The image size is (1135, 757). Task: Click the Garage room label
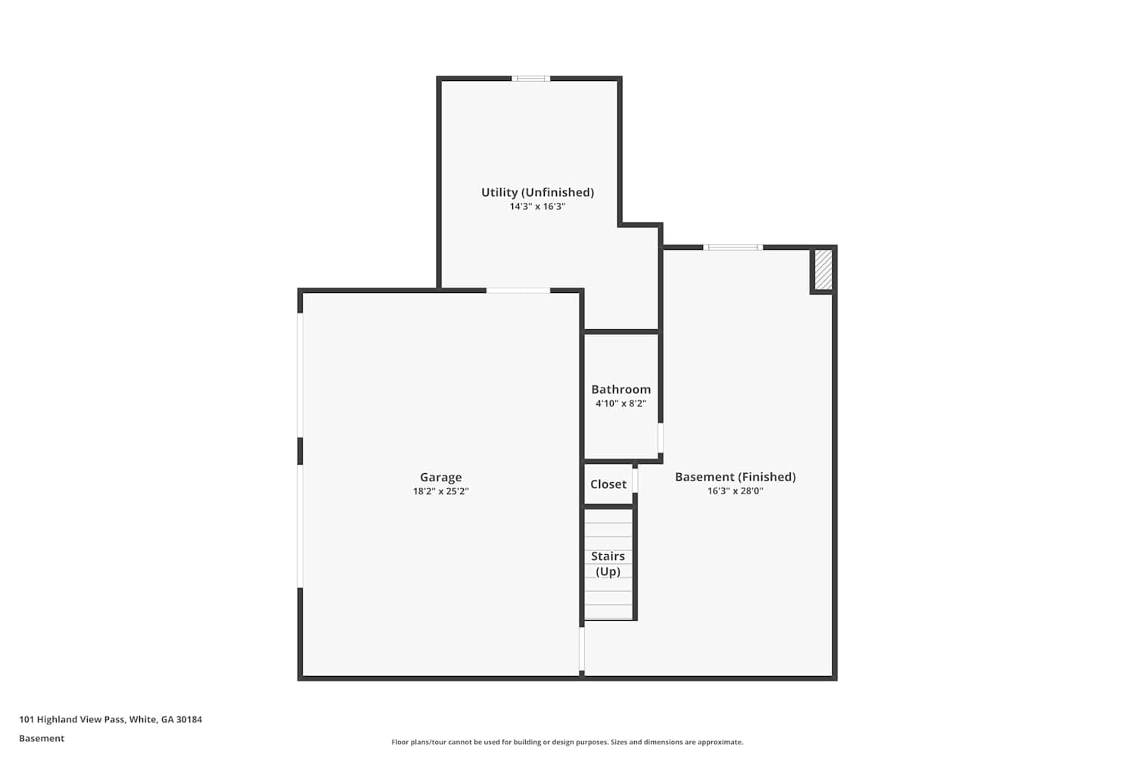[441, 477]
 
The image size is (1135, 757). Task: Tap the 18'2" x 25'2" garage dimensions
[441, 491]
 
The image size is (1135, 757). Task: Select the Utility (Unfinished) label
[537, 192]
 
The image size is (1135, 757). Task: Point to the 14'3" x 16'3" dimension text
[537, 207]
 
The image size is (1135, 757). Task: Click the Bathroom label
[621, 389]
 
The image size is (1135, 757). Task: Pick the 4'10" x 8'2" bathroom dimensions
[621, 403]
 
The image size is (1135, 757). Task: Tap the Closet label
[608, 484]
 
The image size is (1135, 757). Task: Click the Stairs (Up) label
[608, 564]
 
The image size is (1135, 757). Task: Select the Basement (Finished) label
[735, 477]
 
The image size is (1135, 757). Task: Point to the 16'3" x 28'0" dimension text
[735, 491]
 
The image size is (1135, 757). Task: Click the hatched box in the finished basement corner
[823, 269]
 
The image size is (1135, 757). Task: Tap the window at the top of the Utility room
[530, 79]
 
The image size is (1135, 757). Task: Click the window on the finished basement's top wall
[732, 248]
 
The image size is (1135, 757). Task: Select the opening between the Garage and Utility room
[518, 291]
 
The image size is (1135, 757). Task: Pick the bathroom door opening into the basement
[661, 438]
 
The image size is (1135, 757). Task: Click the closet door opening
[635, 481]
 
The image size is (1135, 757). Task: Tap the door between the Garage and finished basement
[582, 649]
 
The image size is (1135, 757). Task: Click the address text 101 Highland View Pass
[71, 719]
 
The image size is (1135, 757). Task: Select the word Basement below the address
[42, 738]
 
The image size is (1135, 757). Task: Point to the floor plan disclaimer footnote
[567, 742]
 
